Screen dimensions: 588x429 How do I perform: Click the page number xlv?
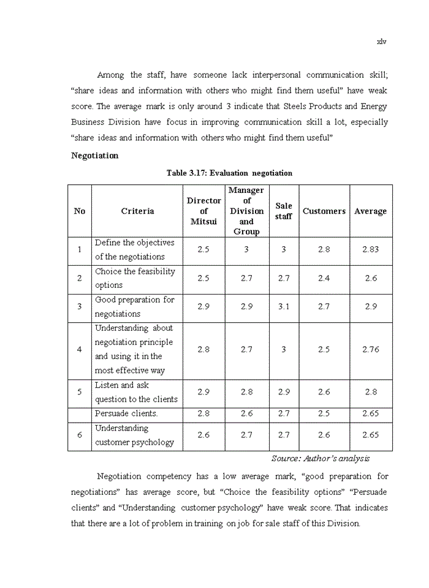coord(381,42)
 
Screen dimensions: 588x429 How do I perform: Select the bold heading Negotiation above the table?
coord(95,156)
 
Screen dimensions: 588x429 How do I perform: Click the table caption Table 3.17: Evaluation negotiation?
coord(229,173)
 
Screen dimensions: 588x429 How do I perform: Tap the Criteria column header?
coord(137,211)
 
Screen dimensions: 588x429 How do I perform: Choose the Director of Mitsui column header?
coord(203,211)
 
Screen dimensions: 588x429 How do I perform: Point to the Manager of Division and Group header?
coord(246,211)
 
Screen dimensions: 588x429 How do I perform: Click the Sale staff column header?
coord(284,211)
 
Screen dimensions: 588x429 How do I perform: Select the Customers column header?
coord(324,211)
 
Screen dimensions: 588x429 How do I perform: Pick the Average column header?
coord(371,211)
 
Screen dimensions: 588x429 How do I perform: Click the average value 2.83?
coord(371,250)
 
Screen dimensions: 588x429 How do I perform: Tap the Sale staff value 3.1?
coord(284,307)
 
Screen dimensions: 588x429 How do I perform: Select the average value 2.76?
coord(371,350)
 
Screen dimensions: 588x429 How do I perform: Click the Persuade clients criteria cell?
coord(126,414)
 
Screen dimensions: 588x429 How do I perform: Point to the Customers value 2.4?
coord(324,279)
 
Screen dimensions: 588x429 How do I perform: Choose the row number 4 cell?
coord(80,350)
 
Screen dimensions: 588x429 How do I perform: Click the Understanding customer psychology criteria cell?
coord(134,435)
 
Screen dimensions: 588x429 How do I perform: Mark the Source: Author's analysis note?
coord(321,458)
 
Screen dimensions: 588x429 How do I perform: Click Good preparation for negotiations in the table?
coord(134,307)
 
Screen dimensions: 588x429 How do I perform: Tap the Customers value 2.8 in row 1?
coord(324,250)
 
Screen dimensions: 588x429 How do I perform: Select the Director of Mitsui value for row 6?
coord(203,435)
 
